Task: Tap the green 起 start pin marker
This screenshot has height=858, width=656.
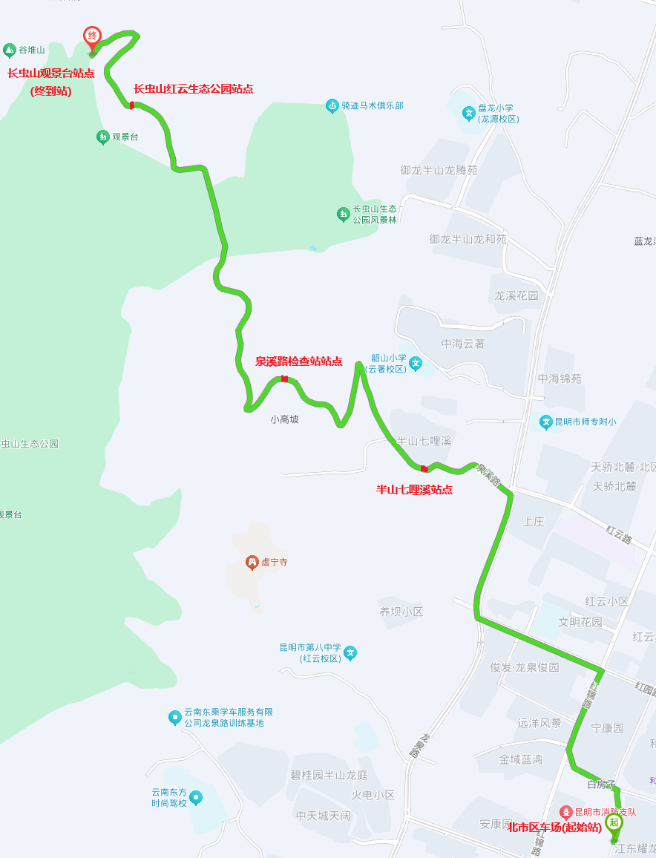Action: tap(614, 822)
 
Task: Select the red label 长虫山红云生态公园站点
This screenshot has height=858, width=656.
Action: tap(193, 89)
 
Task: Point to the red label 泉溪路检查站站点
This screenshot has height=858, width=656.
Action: tap(298, 361)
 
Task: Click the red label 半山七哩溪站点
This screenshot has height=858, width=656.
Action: tap(414, 490)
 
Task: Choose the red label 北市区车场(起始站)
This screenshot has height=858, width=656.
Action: tap(554, 828)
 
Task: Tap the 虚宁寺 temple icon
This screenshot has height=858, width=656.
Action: tap(252, 563)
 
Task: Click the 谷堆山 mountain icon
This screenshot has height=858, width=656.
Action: tap(10, 50)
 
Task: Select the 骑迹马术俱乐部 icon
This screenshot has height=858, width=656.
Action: tap(332, 106)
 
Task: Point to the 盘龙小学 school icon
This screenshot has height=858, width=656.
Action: tap(469, 114)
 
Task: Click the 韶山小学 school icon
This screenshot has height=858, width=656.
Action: tap(416, 364)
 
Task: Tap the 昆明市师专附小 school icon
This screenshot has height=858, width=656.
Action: tap(546, 422)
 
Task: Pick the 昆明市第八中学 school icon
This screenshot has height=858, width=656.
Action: tap(350, 653)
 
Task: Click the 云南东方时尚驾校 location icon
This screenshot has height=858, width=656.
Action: tap(196, 798)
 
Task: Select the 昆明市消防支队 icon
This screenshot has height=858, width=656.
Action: tap(565, 813)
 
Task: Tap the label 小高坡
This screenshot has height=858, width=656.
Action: tap(284, 419)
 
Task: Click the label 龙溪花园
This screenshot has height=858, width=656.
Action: tap(516, 295)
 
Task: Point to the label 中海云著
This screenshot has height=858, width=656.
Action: tap(463, 344)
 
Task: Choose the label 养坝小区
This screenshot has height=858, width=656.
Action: tap(401, 612)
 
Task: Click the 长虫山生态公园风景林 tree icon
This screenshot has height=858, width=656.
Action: tap(343, 214)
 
